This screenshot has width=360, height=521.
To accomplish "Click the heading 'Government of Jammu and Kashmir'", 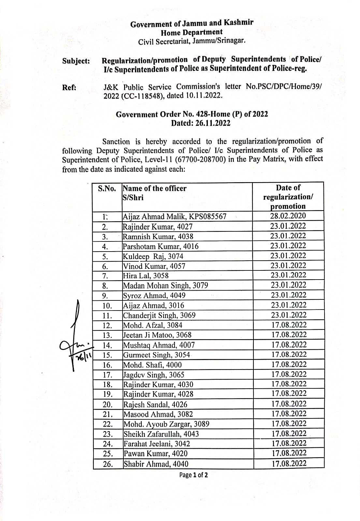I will click(x=192, y=23).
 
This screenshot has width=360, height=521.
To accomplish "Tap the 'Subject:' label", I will click(x=76, y=61).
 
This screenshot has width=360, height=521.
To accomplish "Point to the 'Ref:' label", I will click(x=69, y=88).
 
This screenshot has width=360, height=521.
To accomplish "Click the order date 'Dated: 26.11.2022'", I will click(x=201, y=123).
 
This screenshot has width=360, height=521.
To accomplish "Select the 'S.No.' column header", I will click(x=107, y=189).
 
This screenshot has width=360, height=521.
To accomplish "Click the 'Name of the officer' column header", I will click(x=154, y=188).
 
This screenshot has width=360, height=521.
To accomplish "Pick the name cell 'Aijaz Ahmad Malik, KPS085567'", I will click(x=174, y=217).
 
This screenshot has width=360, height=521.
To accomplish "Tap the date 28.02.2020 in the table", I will click(x=288, y=216).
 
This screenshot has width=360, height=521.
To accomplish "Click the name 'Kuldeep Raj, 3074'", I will click(x=153, y=256).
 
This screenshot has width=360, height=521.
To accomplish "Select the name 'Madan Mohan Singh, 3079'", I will click(x=165, y=286).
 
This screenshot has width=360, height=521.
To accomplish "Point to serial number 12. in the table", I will click(x=107, y=326).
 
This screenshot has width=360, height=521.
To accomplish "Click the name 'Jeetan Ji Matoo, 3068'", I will click(x=157, y=335).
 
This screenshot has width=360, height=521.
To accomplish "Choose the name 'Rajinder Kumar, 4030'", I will click(x=158, y=384).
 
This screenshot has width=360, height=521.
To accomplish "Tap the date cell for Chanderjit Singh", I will click(x=289, y=315).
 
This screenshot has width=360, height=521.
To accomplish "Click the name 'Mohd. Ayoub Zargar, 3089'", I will click(x=166, y=424).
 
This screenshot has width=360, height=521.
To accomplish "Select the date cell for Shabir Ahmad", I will click(x=289, y=463).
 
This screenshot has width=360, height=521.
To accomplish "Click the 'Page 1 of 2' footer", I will click(x=193, y=475).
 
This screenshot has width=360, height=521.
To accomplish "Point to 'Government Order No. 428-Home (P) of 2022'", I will click(x=192, y=114).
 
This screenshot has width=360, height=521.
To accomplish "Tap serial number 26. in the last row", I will click(x=108, y=464).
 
